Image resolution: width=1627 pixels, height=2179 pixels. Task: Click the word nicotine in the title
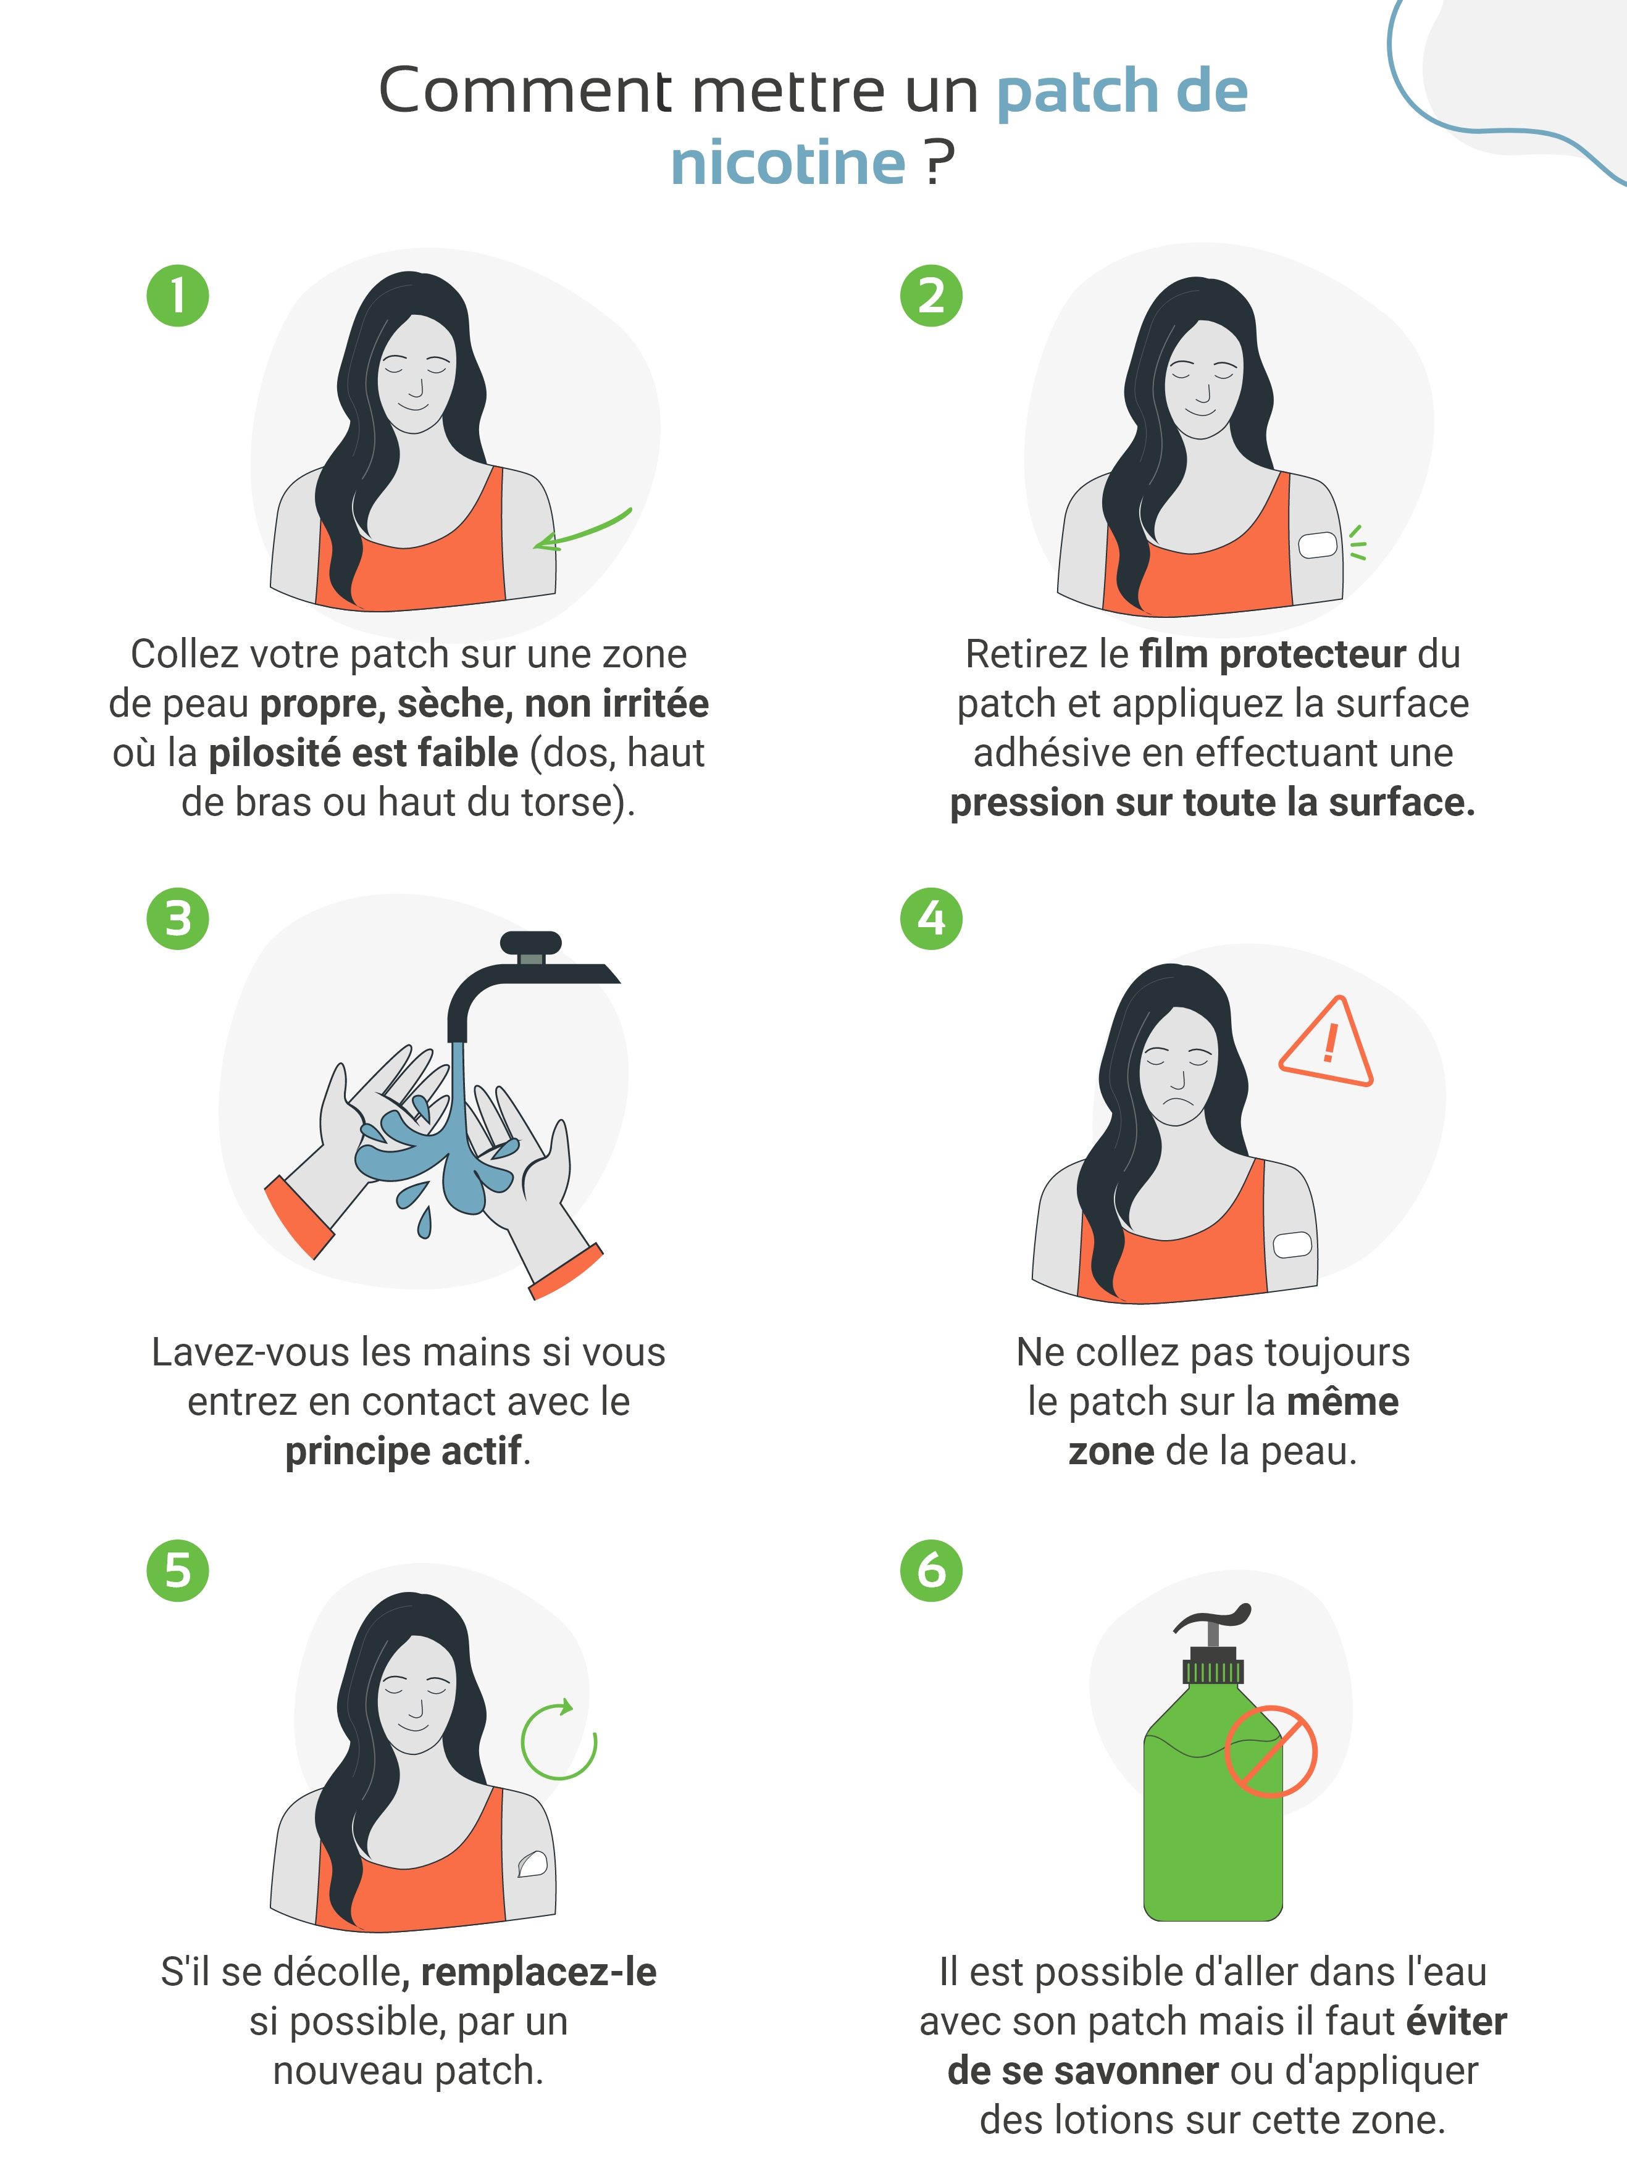788,162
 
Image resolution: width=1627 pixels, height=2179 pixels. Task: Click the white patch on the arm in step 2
1318,544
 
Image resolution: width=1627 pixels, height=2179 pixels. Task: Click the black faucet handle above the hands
531,943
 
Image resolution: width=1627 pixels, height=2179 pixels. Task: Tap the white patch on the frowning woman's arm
1292,1244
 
